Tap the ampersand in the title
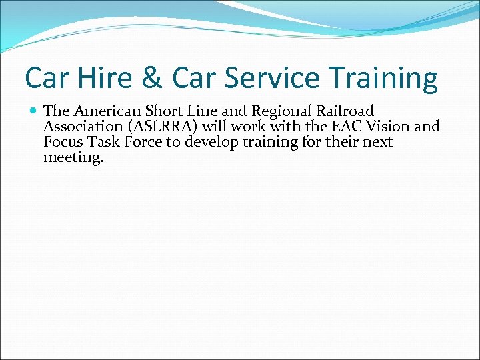tap(152, 79)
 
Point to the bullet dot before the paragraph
tap(33, 111)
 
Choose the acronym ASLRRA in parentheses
tap(163, 127)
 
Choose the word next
tap(378, 142)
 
